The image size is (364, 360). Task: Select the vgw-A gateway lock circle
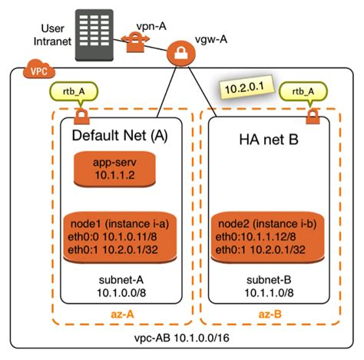pyautogui.click(x=180, y=54)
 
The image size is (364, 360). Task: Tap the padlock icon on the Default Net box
pyautogui.click(x=79, y=118)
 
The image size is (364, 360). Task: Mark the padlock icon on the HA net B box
pyautogui.click(x=313, y=117)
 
